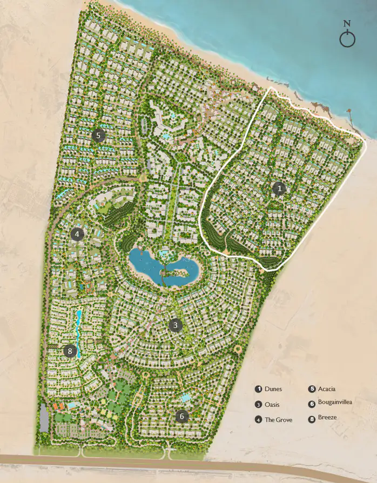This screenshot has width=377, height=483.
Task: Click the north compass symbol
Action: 347,37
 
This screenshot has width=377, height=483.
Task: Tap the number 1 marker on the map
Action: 279,189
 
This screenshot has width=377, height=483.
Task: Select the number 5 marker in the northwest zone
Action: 98,135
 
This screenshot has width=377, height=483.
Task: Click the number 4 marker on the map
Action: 77,234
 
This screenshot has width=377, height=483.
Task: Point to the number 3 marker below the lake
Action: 174,325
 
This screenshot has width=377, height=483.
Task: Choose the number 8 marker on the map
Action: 69,351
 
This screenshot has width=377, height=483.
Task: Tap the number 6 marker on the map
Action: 182,416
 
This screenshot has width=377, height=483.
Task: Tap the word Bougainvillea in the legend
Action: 335,403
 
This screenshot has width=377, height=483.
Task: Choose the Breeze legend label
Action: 327,418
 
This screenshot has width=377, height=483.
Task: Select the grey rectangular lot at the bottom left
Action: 44,417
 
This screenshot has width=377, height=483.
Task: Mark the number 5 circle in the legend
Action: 312,389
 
